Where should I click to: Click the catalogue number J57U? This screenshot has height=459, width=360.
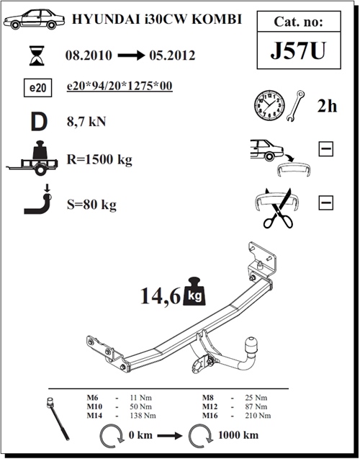click(298, 50)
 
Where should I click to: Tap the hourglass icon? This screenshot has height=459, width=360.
click(37, 55)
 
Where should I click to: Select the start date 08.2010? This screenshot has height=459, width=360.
click(89, 55)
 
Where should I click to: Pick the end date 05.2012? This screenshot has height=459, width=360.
click(172, 55)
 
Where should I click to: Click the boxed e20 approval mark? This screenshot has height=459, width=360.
click(37, 87)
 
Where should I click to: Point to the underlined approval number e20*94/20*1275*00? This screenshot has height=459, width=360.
click(120, 86)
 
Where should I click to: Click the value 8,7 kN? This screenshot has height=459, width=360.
click(86, 121)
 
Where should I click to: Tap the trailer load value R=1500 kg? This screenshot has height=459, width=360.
click(99, 160)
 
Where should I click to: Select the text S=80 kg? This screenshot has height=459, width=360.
click(91, 205)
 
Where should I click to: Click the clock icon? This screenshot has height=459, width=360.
click(269, 105)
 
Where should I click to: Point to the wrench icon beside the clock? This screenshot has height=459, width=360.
click(295, 106)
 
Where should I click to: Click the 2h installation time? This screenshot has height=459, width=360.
click(328, 106)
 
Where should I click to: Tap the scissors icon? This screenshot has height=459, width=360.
click(279, 209)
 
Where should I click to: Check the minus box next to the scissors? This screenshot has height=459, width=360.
click(325, 202)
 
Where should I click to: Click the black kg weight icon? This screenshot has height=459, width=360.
click(194, 291)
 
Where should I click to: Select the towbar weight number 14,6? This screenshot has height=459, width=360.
click(161, 296)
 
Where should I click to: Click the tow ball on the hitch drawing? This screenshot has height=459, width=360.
click(251, 344)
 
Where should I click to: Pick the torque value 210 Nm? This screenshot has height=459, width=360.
click(258, 415)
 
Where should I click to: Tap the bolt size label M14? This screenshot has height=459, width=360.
click(94, 415)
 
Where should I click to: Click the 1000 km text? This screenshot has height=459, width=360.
click(238, 435)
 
